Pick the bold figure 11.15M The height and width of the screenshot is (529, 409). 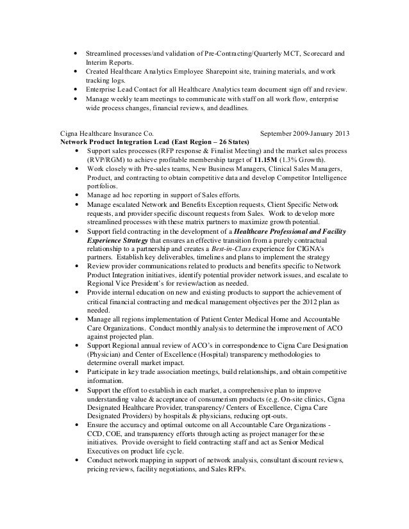[272, 159]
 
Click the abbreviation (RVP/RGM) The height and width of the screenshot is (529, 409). [105, 159]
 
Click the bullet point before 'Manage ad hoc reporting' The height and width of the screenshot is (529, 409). [78, 194]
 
